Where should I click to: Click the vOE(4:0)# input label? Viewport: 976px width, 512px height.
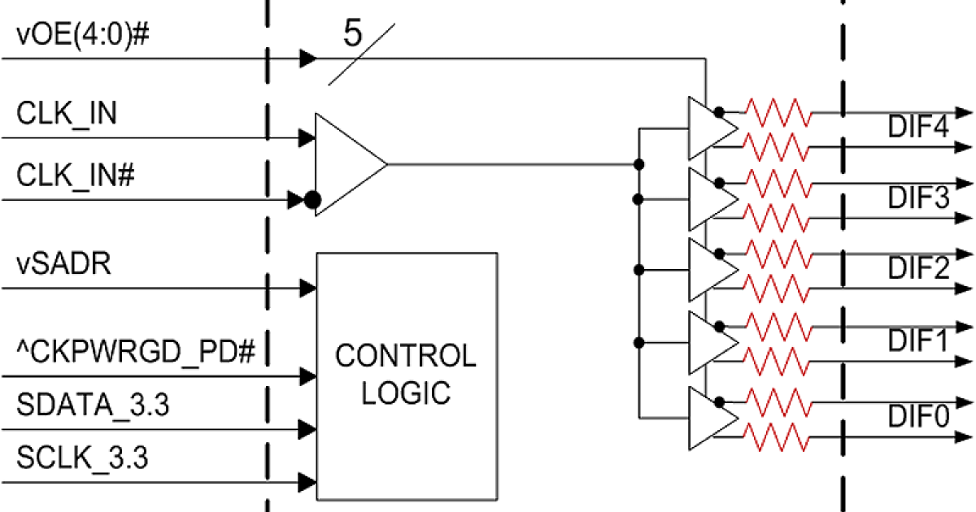coord(81,37)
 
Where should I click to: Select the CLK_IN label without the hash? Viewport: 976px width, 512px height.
coord(67,114)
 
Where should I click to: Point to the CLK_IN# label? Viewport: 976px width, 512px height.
coord(75,175)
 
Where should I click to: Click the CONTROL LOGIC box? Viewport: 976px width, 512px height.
coord(406,375)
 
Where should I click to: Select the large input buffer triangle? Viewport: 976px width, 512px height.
coord(346,164)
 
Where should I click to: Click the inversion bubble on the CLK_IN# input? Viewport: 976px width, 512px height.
coord(311,200)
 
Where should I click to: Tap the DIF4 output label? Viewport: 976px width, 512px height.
coord(918,128)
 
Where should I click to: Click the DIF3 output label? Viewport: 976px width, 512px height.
coord(918,197)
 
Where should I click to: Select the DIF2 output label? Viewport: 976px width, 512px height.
coord(918,267)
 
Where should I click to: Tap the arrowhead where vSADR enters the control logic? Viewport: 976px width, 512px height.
coord(307,287)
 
